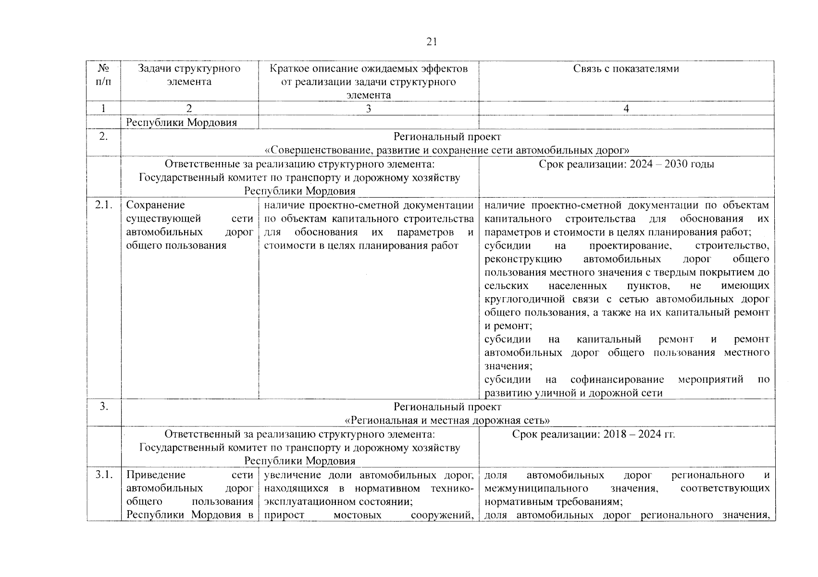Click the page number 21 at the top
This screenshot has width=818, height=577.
431,42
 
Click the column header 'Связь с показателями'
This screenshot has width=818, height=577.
626,69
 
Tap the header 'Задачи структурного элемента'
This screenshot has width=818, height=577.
189,75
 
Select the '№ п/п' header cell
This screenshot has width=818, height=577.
103,75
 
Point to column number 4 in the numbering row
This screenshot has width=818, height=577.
626,109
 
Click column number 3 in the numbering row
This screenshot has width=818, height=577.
368,109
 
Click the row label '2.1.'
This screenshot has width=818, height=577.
103,205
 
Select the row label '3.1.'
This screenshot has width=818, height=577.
103,475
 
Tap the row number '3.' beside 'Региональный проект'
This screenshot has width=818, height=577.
103,407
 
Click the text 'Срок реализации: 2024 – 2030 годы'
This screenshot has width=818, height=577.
626,164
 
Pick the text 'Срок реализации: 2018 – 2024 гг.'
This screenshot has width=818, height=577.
593,435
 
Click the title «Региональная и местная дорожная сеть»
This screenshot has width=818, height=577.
447,420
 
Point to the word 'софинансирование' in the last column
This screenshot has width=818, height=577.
617,380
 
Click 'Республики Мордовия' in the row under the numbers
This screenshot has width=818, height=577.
181,123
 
